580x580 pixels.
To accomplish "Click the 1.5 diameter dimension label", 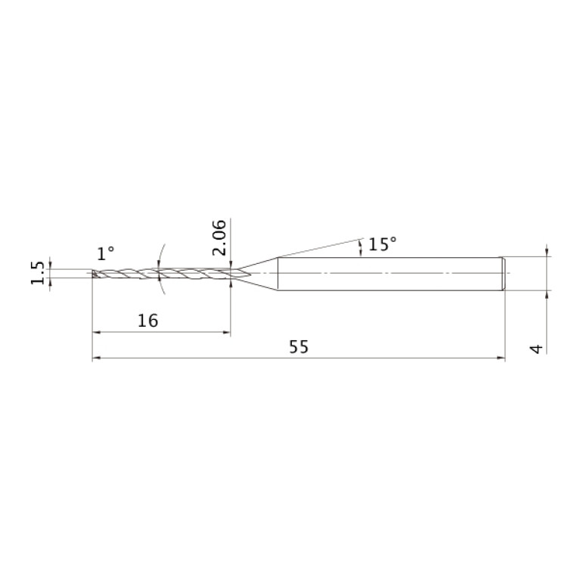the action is point(37,273).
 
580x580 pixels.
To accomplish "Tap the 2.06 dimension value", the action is point(219,237).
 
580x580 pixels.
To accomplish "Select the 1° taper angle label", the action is point(105,254).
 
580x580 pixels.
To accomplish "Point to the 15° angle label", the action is point(383,244).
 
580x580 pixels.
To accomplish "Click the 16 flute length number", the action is point(147,321).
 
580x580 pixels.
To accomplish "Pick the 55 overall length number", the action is point(299,347).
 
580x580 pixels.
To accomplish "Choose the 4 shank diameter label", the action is point(536,349).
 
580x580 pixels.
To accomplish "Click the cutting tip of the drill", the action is point(93,274).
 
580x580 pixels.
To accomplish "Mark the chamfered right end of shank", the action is point(504,274).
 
